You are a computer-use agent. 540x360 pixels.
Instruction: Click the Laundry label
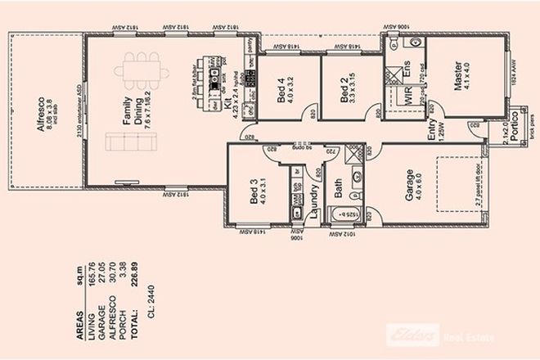(312, 202)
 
